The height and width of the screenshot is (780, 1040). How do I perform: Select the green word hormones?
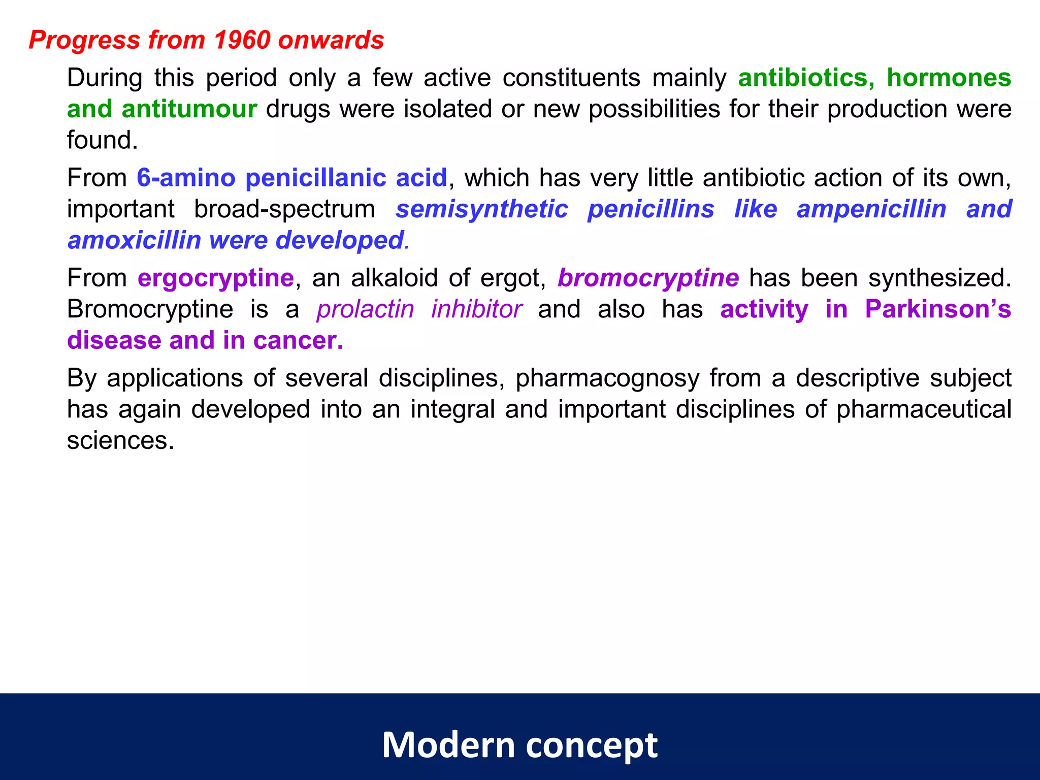point(949,78)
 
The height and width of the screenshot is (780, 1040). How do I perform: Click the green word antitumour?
point(189,109)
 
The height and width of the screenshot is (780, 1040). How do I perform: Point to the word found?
point(102,140)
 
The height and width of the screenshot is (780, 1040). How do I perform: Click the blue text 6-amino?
point(186,178)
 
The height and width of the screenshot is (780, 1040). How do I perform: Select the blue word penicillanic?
point(315,178)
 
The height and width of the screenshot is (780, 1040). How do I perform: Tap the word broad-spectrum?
point(284,209)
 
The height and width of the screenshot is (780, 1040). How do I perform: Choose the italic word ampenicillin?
point(871,209)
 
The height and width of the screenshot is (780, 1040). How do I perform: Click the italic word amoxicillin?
point(134,240)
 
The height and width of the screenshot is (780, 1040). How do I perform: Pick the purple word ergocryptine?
point(216,278)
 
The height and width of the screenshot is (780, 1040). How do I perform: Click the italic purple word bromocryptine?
point(648,278)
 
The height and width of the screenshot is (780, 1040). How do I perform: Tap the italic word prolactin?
point(365,309)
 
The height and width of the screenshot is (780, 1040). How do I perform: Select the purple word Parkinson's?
point(938,309)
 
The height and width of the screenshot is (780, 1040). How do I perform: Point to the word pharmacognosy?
point(607,378)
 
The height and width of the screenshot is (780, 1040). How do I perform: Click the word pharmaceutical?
point(924,409)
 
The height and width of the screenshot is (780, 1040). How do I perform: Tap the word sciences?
point(120,440)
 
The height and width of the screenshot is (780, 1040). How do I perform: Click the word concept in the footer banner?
point(592,745)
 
